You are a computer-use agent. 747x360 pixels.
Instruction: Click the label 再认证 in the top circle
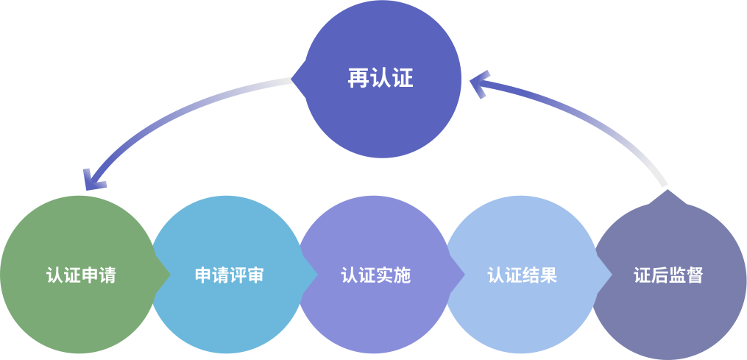pos(380,78)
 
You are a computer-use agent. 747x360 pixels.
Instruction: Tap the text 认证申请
pos(81,275)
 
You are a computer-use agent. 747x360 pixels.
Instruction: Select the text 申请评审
pos(229,275)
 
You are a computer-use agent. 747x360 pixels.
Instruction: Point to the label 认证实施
pos(375,275)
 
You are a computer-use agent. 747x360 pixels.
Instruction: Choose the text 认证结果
pos(522,275)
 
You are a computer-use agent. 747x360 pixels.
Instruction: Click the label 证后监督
pos(668,275)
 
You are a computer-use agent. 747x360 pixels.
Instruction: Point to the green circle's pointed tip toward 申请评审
pos(169,275)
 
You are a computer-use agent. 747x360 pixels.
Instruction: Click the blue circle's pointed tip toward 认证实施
pos(316,275)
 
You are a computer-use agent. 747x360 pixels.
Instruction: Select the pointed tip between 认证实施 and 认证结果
pos(463,275)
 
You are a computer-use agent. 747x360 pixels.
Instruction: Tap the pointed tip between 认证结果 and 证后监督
pos(610,275)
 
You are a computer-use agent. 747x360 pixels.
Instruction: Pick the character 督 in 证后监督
pos(695,275)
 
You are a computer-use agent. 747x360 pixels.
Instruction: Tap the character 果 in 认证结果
pos(548,275)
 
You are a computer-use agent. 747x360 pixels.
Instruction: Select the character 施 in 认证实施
pos(402,275)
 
